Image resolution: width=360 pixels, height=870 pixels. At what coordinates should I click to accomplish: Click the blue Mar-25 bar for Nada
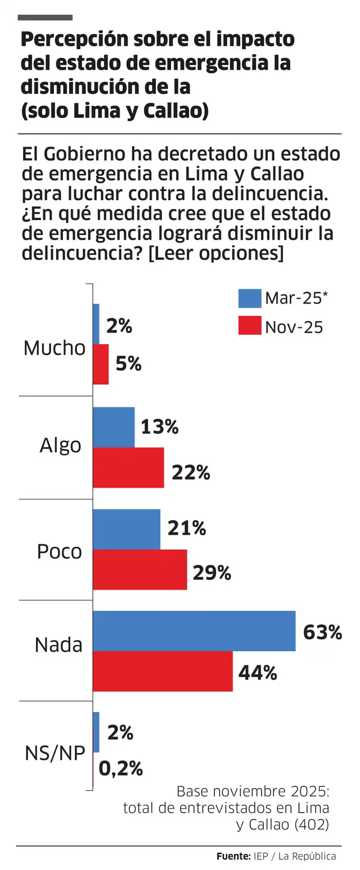click(x=194, y=630)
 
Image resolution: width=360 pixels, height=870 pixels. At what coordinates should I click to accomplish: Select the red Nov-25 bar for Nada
click(x=163, y=671)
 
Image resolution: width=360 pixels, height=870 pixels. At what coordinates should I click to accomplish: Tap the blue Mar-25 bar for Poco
click(x=127, y=529)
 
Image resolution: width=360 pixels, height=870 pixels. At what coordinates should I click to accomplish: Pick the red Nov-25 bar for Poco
click(x=139, y=570)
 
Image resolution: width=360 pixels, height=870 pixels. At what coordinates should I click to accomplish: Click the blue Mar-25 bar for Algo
click(x=114, y=427)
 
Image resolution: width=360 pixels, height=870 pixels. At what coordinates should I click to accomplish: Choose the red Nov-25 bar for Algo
click(x=128, y=467)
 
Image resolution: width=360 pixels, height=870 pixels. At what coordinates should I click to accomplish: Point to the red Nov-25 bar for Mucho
click(x=101, y=364)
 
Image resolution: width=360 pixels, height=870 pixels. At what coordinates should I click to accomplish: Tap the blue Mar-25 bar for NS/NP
click(x=96, y=732)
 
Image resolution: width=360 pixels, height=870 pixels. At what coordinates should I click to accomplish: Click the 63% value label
click(x=322, y=632)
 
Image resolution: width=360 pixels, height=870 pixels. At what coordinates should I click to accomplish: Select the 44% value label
click(x=258, y=672)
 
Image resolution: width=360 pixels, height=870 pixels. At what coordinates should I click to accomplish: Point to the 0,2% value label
click(x=121, y=768)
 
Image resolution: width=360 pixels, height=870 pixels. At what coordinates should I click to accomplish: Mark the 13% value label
click(x=160, y=427)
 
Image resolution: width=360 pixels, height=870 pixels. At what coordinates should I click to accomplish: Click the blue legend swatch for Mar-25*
click(x=250, y=298)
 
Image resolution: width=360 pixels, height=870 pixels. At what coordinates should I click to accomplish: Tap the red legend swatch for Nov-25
click(x=250, y=326)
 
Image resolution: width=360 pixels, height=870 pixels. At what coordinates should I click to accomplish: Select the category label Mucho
click(x=55, y=348)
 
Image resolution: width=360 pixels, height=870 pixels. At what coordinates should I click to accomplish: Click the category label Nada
click(x=58, y=644)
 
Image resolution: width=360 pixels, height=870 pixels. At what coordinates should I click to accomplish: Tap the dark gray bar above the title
click(x=45, y=18)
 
